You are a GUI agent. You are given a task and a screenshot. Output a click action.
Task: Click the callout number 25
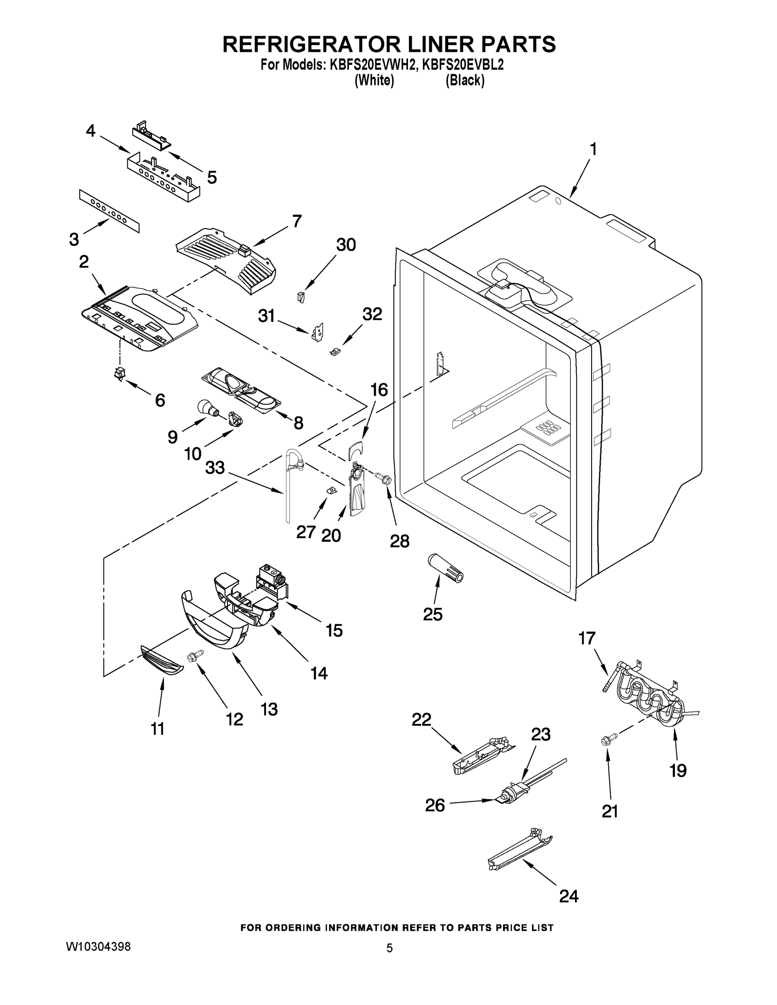(432, 614)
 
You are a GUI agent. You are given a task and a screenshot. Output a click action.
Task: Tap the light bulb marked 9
(205, 408)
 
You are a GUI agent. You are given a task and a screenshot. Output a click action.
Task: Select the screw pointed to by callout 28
(383, 479)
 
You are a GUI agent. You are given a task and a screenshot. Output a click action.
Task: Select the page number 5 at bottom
(390, 948)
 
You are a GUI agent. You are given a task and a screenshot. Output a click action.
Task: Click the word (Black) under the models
(465, 80)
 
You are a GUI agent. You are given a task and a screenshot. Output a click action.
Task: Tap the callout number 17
(587, 638)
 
